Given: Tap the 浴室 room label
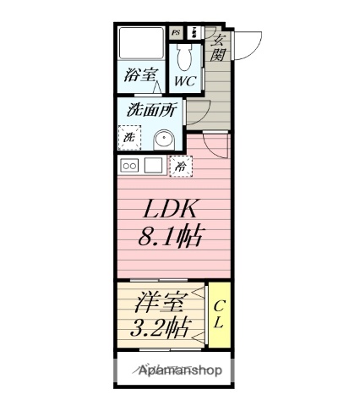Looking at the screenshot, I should pyautogui.click(x=142, y=76).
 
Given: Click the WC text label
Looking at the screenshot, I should pyautogui.click(x=185, y=81).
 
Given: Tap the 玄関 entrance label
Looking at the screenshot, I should pyautogui.click(x=218, y=47).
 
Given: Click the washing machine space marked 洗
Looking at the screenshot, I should pyautogui.click(x=130, y=136).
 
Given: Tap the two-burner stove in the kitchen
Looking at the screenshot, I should pyautogui.click(x=130, y=165).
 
